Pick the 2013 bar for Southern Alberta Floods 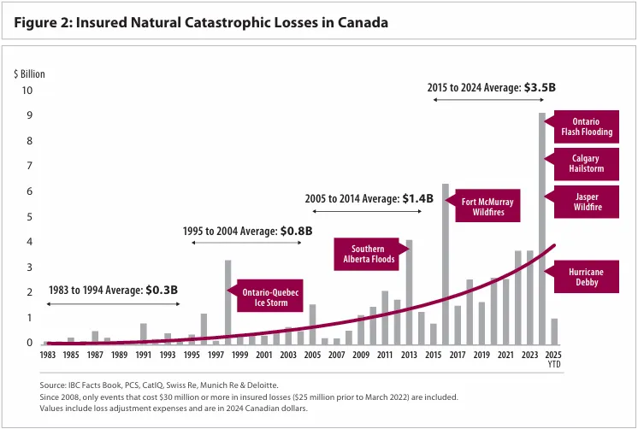coord(409,291)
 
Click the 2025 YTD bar coord(554,331)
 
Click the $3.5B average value coord(539,87)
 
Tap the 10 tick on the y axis coord(27,91)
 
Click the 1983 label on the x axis coord(47,355)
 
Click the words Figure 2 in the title coord(42,22)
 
